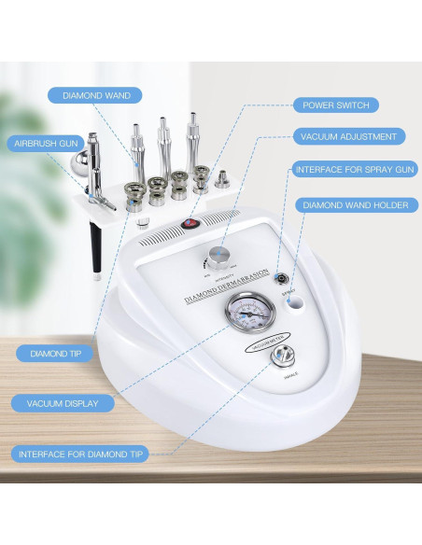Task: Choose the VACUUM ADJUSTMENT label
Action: click(x=348, y=136)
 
